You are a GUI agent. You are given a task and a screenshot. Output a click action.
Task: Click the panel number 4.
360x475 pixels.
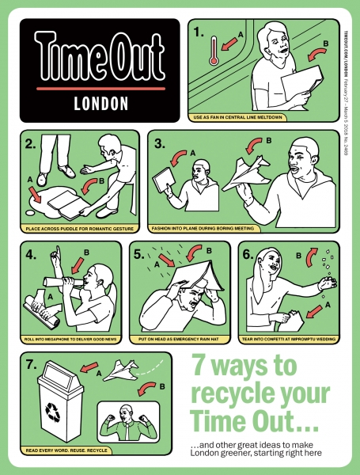31,255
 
